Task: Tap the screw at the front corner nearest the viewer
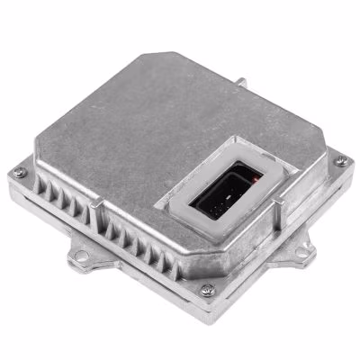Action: tap(208, 290)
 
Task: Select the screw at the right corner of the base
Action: tap(339, 161)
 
